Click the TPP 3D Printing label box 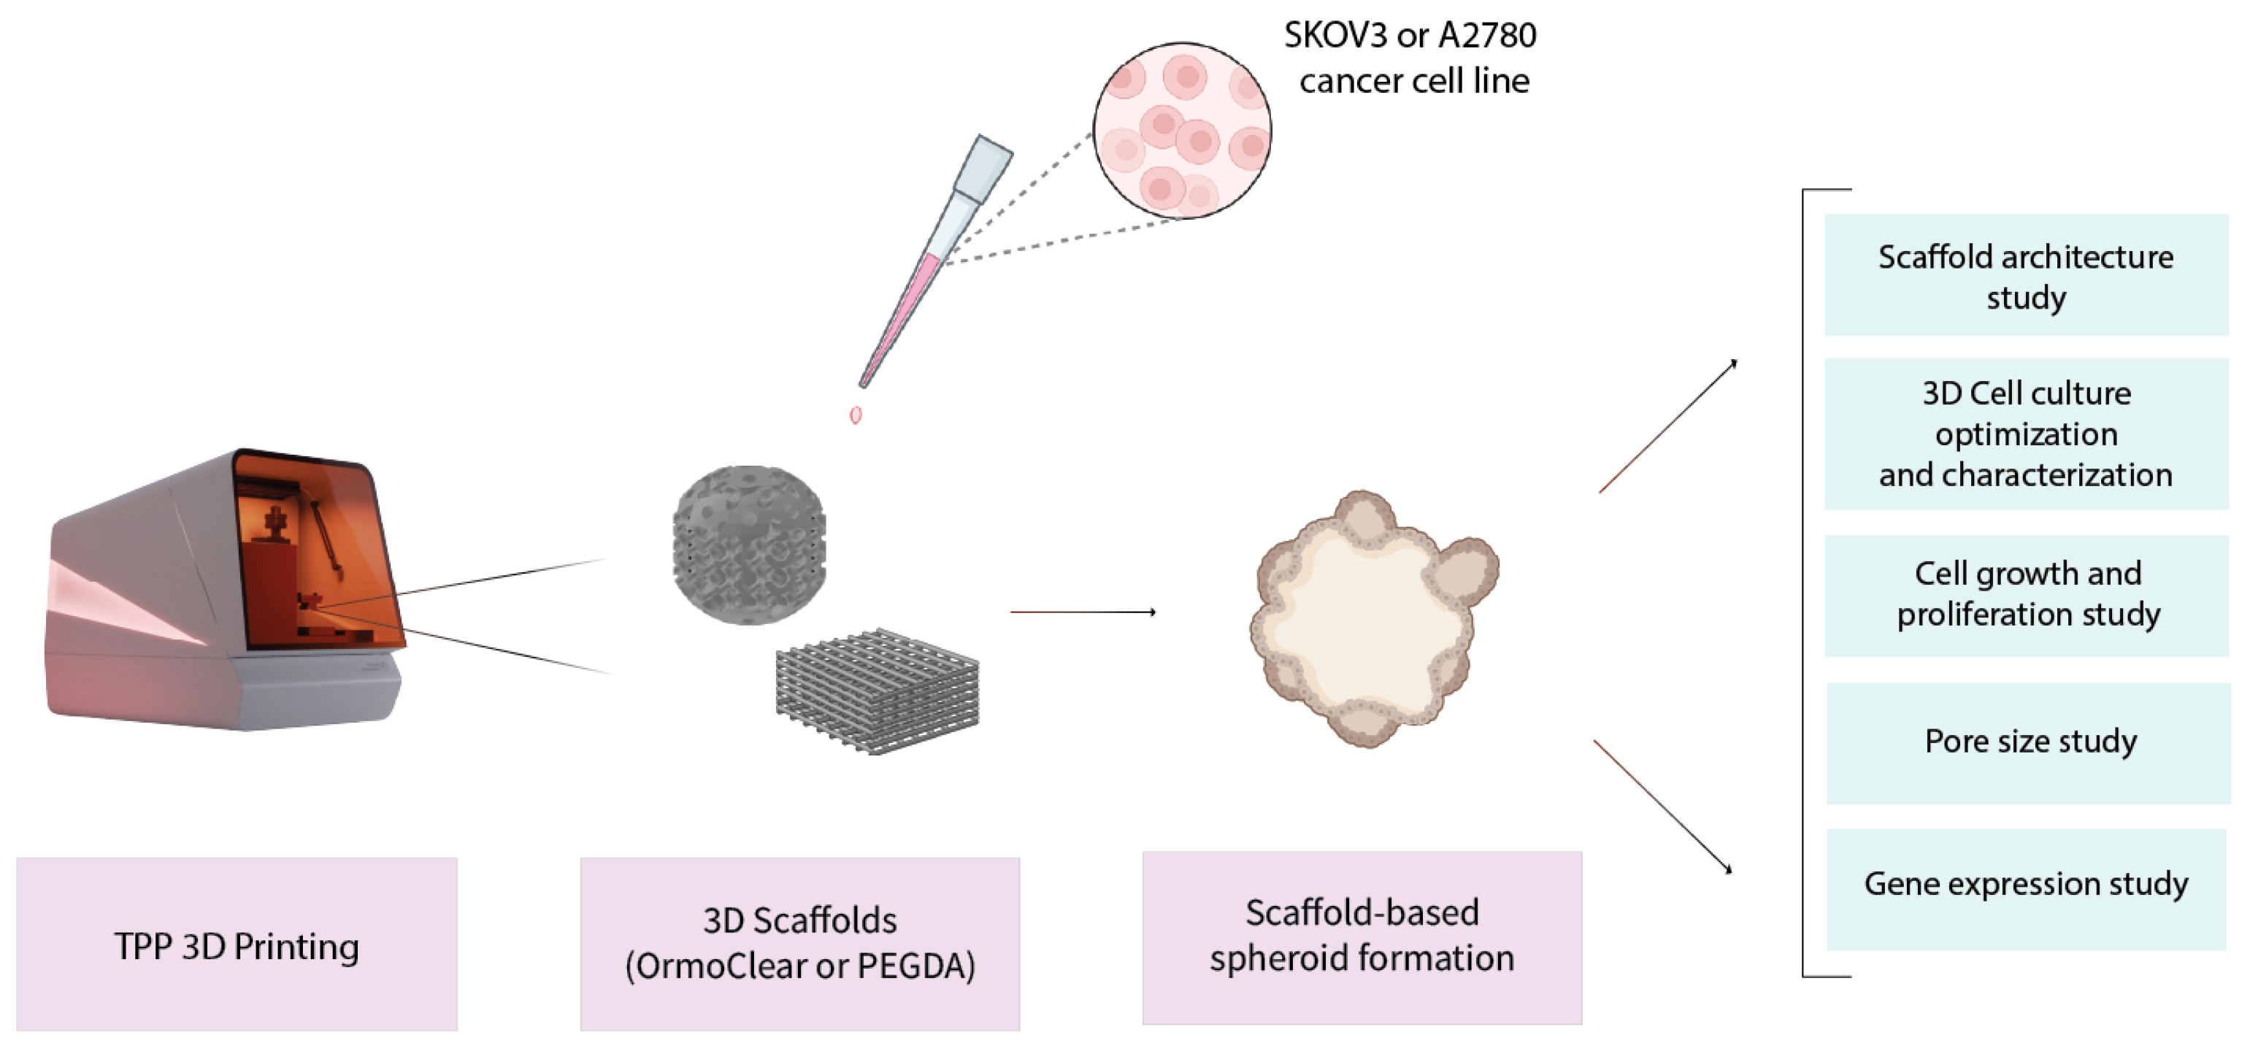237,945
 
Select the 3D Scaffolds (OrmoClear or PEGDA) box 800,945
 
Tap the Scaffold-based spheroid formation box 1362,938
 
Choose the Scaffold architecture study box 2027,275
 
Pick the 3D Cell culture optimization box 2027,434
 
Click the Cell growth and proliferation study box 2027,595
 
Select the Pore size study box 2028,742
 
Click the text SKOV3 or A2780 1410,36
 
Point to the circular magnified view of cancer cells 1182,131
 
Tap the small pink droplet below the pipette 856,415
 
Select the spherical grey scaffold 750,545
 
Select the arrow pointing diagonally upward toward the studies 1667,427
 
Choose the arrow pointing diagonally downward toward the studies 1662,805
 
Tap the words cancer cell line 1414,81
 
